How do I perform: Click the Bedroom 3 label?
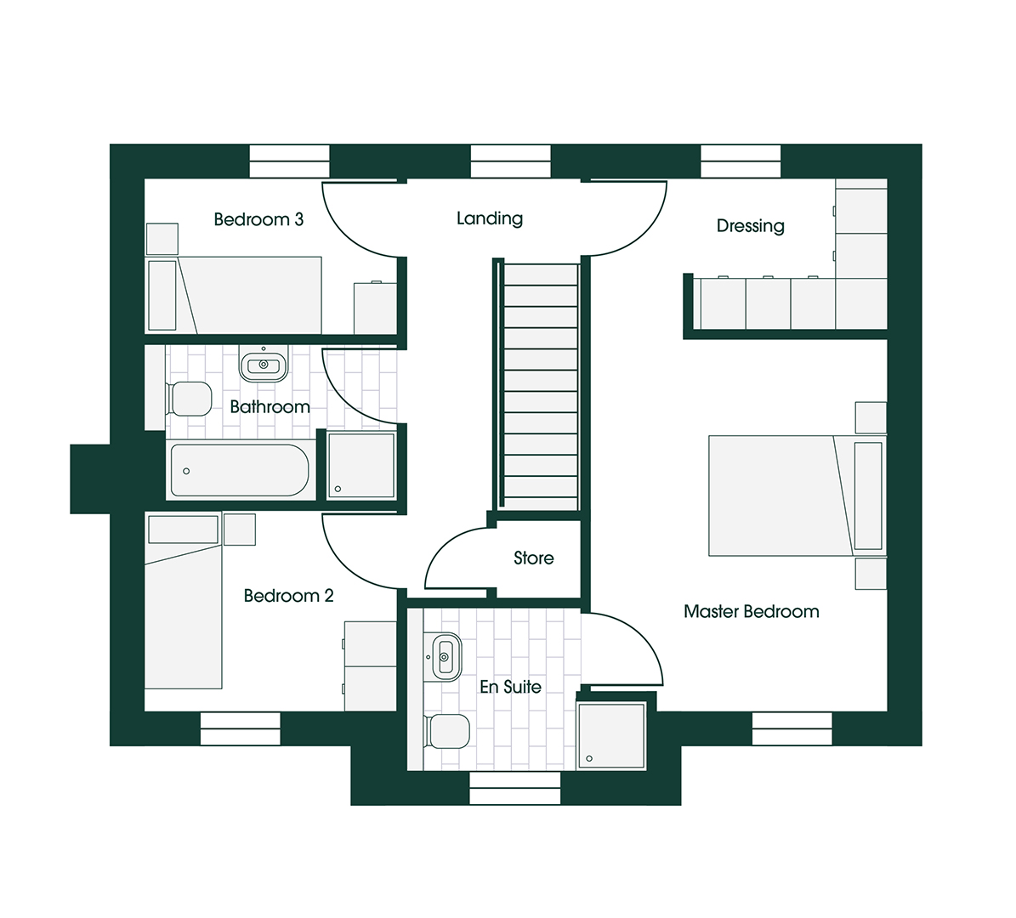pyautogui.click(x=258, y=219)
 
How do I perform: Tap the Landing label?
pyautogui.click(x=490, y=218)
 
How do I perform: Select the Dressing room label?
pyautogui.click(x=750, y=226)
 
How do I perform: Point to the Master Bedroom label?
pyautogui.click(x=752, y=611)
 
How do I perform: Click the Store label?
pyautogui.click(x=534, y=558)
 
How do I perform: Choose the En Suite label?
pyautogui.click(x=510, y=687)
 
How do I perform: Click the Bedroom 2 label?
pyautogui.click(x=288, y=596)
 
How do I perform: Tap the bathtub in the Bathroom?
pyautogui.click(x=240, y=470)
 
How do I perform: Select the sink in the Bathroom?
pyautogui.click(x=264, y=365)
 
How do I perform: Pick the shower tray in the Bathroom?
pyautogui.click(x=361, y=464)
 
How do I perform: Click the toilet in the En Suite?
pyautogui.click(x=449, y=731)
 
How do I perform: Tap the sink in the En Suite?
pyautogui.click(x=446, y=656)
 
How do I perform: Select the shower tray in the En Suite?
pyautogui.click(x=611, y=734)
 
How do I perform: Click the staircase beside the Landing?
pyautogui.click(x=540, y=387)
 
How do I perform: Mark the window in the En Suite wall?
pyautogui.click(x=515, y=788)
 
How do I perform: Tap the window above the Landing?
pyautogui.click(x=510, y=161)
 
